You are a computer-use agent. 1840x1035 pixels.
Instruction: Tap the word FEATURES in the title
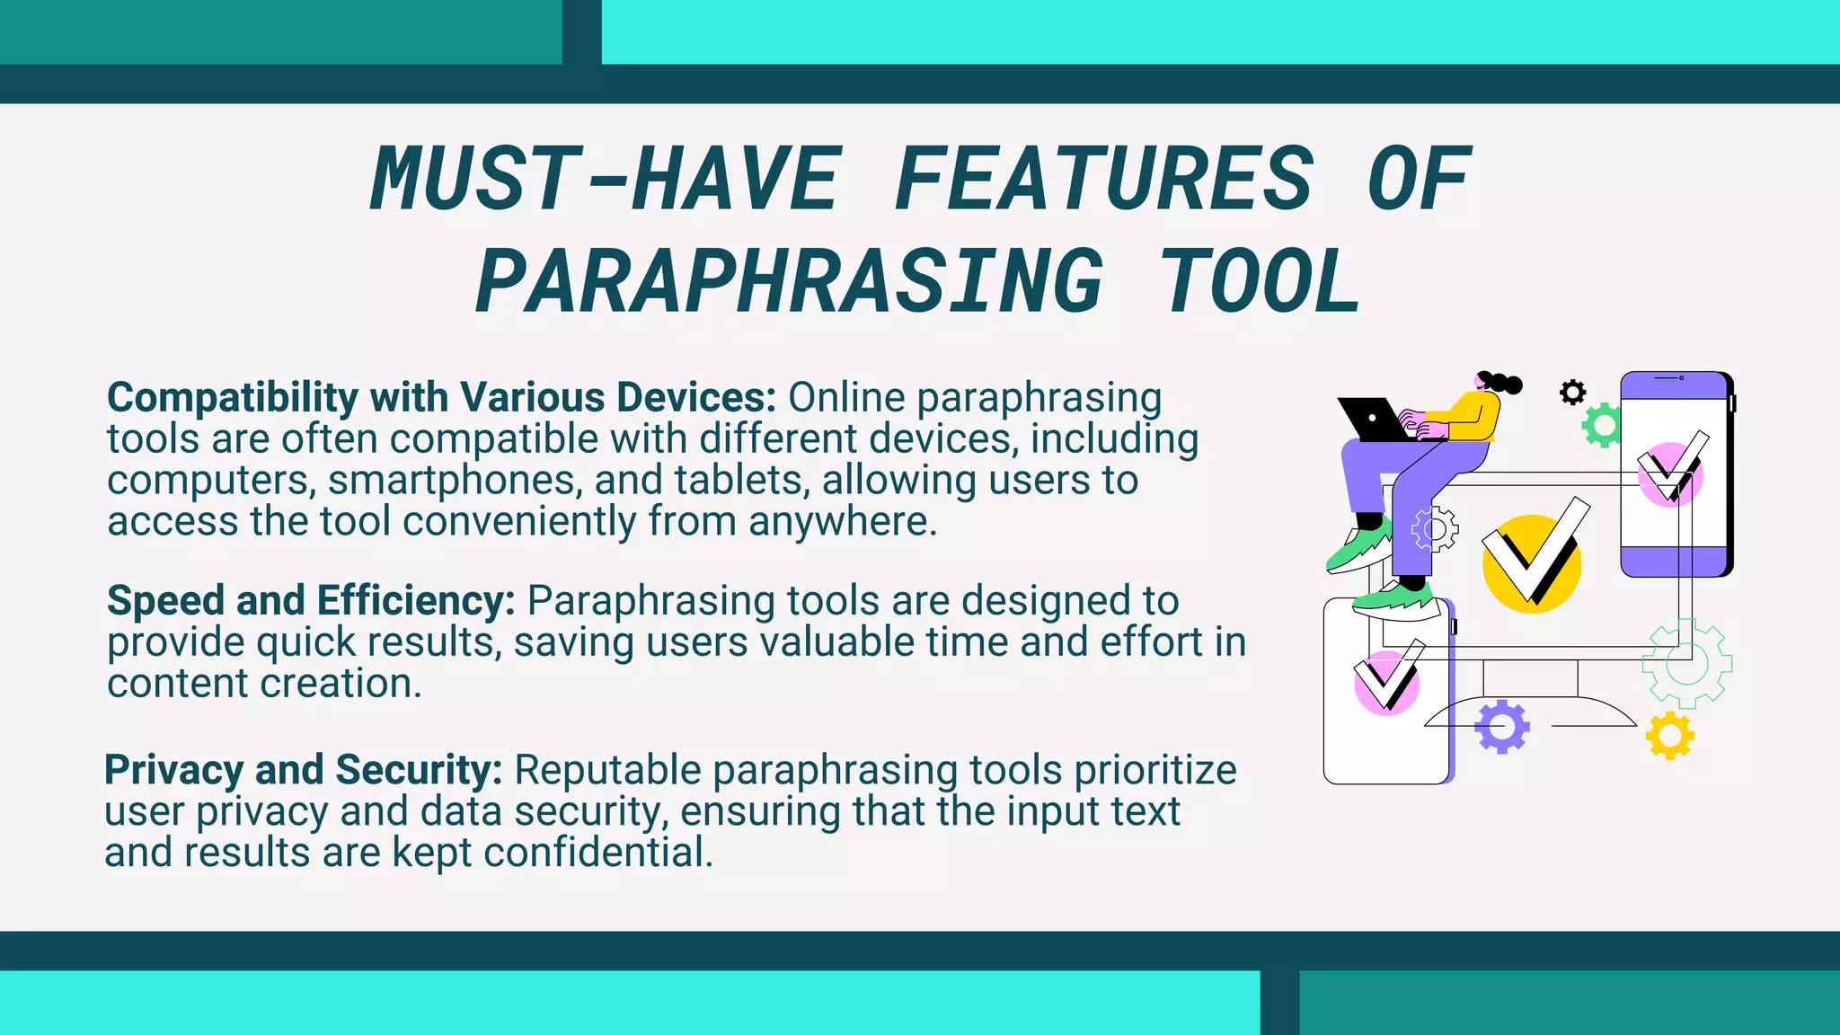coord(1104,179)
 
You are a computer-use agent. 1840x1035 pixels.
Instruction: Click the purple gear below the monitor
coord(1501,727)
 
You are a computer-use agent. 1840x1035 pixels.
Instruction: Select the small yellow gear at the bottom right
coord(1669,736)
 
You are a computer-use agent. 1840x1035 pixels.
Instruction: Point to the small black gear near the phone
coord(1572,393)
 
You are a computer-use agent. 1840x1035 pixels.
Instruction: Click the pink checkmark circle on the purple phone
coord(1669,474)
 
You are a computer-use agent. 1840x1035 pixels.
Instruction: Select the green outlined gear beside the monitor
coord(1686,664)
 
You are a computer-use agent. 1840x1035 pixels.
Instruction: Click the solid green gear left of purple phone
coord(1602,426)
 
